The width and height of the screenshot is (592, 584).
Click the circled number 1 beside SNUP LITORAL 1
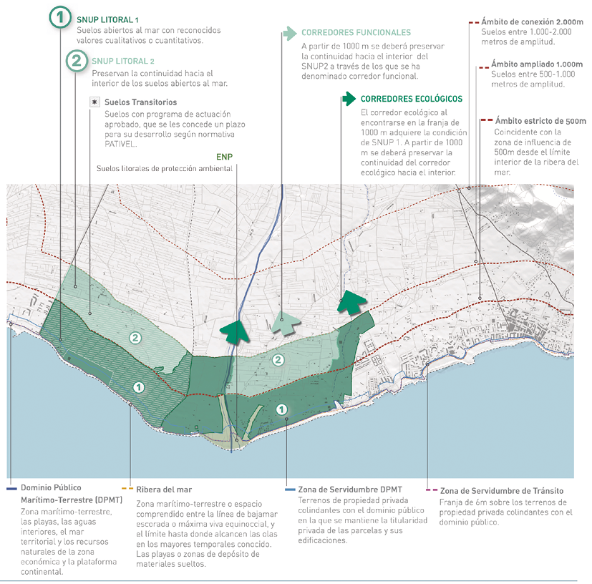click(61, 17)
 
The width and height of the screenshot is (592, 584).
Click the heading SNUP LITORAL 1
click(108, 19)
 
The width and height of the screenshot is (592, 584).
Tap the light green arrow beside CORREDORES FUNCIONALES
click(288, 32)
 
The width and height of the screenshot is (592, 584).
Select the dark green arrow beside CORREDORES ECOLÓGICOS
click(348, 99)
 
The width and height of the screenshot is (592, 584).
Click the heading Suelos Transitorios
click(135, 102)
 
